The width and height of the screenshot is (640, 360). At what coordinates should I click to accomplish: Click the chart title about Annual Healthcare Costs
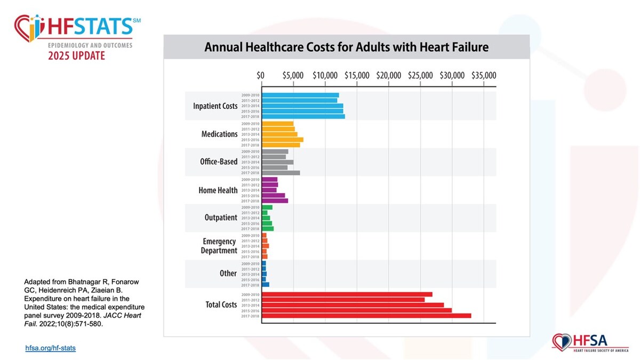click(x=347, y=47)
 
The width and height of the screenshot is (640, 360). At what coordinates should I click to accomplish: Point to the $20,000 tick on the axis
click(x=388, y=75)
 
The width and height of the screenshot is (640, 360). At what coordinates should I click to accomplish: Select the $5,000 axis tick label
click(x=293, y=75)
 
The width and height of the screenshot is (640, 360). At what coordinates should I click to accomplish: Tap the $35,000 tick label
click(x=484, y=75)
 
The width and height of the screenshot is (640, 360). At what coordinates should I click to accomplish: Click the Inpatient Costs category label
click(x=215, y=106)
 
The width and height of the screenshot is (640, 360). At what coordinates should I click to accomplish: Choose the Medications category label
click(x=220, y=134)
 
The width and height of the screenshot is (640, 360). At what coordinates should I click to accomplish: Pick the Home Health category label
click(x=218, y=190)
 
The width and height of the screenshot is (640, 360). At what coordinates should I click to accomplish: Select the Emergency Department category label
click(x=219, y=246)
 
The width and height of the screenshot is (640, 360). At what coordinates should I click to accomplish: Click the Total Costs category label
click(x=221, y=305)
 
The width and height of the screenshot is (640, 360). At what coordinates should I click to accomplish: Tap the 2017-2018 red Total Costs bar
click(x=366, y=316)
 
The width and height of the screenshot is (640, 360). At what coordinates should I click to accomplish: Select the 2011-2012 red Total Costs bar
click(x=343, y=300)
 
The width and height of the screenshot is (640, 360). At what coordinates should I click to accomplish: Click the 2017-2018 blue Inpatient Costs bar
click(x=303, y=116)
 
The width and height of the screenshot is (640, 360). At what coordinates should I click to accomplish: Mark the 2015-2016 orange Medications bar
click(x=283, y=140)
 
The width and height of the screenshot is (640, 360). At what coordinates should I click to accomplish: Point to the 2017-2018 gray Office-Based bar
click(x=281, y=173)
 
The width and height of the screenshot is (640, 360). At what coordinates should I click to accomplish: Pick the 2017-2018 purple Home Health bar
click(x=275, y=201)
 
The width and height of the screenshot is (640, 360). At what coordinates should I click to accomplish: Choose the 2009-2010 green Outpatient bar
click(x=267, y=207)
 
